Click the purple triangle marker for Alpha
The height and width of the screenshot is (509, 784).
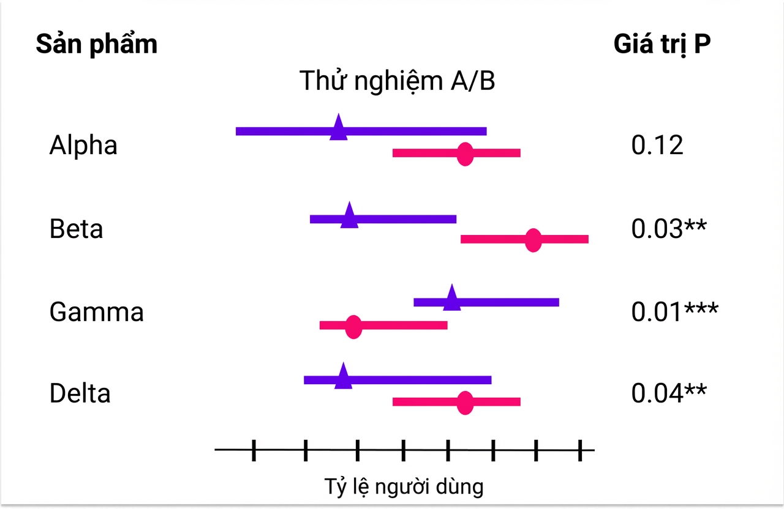tap(339, 128)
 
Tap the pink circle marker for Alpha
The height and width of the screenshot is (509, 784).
tap(465, 154)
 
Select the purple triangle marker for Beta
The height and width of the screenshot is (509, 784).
tap(349, 216)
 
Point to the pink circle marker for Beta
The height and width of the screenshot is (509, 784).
tap(533, 240)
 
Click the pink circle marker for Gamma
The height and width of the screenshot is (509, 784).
tap(353, 327)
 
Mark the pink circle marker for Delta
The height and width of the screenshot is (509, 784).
tap(465, 403)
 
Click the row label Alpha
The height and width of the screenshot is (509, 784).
tap(83, 145)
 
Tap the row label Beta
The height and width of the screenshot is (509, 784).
tap(77, 229)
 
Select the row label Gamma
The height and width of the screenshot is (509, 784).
tap(97, 312)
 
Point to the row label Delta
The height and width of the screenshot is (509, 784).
tap(80, 393)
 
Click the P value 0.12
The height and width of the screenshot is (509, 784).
tap(657, 145)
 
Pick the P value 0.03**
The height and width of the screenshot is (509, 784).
tap(669, 229)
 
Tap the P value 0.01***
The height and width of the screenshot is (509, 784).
tap(675, 312)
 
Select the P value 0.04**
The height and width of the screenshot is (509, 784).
tap(669, 393)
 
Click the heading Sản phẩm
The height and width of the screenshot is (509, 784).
tap(97, 45)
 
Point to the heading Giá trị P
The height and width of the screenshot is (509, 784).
tap(662, 45)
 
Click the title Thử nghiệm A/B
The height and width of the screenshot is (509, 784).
tap(398, 81)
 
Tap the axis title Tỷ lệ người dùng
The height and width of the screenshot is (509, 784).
tap(404, 486)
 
